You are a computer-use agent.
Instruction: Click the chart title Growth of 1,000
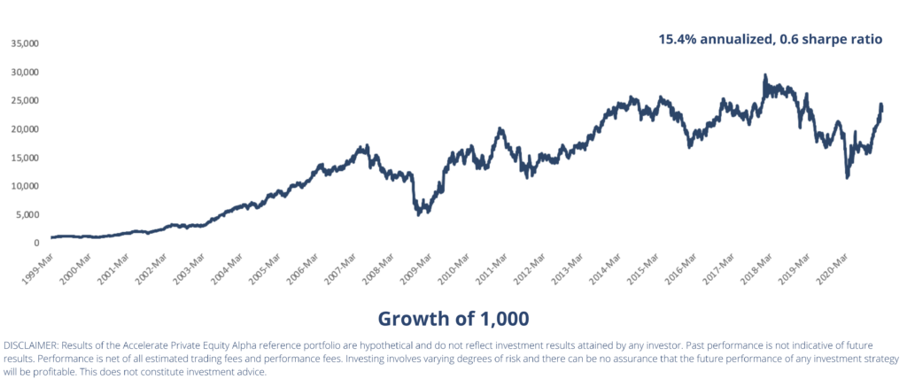click(x=453, y=317)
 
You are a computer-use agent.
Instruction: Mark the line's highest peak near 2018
click(x=764, y=76)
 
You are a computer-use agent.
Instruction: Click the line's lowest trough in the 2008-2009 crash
click(x=418, y=214)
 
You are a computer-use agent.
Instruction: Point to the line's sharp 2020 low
click(x=848, y=178)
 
